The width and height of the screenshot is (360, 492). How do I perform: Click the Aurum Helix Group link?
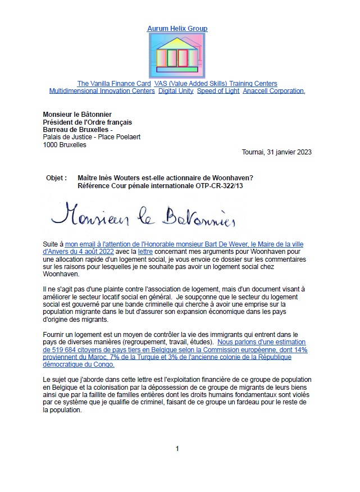pyautogui.click(x=177, y=29)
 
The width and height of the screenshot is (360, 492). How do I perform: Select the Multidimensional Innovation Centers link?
pyautogui.click(x=102, y=91)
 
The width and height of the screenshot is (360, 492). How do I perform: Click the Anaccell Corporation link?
pyautogui.click(x=274, y=91)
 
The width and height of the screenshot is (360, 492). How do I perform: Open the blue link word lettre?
pyautogui.click(x=146, y=252)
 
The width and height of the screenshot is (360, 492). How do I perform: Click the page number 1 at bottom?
pyautogui.click(x=177, y=449)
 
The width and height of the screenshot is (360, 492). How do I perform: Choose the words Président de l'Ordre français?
pyautogui.click(x=88, y=121)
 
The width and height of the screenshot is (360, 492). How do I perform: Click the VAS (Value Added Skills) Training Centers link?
pyautogui.click(x=216, y=84)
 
